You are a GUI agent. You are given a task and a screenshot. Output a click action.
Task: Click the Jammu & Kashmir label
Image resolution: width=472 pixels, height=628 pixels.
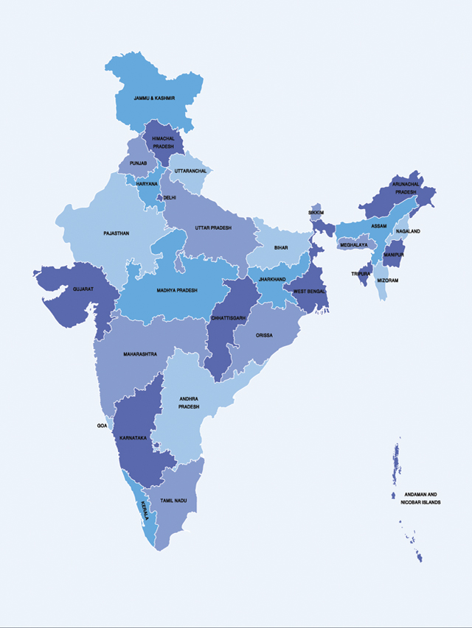pyautogui.click(x=153, y=98)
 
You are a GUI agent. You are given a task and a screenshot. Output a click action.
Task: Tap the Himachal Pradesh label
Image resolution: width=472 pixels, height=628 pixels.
pyautogui.click(x=163, y=142)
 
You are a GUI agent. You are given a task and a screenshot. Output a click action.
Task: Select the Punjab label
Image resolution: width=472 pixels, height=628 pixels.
pyautogui.click(x=138, y=162)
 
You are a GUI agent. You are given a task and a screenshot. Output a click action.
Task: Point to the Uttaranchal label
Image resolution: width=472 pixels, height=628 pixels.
pyautogui.click(x=190, y=171)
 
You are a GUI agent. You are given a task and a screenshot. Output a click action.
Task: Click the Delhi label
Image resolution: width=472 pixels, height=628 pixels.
pyautogui.click(x=170, y=197)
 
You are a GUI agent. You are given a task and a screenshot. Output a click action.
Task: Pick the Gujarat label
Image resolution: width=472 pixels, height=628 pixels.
pyautogui.click(x=83, y=289)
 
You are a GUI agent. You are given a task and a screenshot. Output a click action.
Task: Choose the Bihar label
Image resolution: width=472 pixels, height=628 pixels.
pyautogui.click(x=281, y=248)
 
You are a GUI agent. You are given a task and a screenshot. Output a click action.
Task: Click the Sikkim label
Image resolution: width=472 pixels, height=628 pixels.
pyautogui.click(x=316, y=212)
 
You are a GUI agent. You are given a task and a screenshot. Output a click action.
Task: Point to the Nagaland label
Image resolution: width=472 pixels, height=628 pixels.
pyautogui.click(x=407, y=231)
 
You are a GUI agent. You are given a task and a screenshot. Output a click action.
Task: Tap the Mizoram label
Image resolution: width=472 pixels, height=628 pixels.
pyautogui.click(x=387, y=281)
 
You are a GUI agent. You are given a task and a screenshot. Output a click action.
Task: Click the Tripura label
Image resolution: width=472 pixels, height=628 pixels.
pyautogui.click(x=360, y=273)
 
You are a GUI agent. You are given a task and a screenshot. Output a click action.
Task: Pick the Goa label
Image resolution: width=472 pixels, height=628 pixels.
pyautogui.click(x=102, y=426)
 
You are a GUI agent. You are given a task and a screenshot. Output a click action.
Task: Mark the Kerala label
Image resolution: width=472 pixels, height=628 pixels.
pyautogui.click(x=144, y=509)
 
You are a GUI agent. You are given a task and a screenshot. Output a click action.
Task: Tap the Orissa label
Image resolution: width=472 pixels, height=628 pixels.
pyautogui.click(x=264, y=335)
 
